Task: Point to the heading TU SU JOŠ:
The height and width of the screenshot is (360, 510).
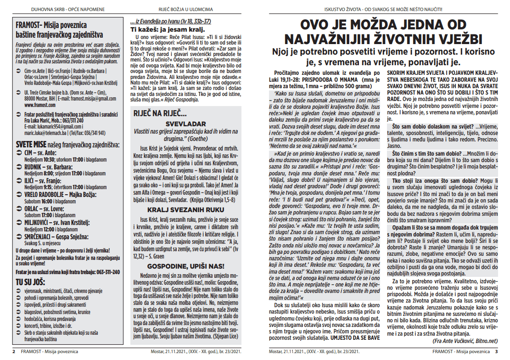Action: click(x=32, y=281)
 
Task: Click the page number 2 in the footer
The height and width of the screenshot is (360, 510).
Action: click(x=14, y=351)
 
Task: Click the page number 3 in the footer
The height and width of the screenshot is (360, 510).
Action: click(x=496, y=351)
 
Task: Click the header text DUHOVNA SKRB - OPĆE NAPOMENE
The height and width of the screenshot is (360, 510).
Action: click(x=60, y=9)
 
